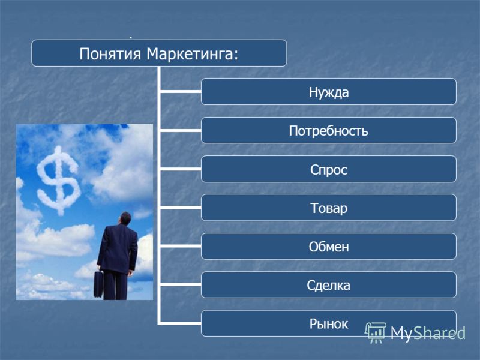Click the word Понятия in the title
pos(110,54)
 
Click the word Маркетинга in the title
pos(192,54)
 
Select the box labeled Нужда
pos(328,92)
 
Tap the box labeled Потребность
pos(328,130)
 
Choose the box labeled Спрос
pos(328,169)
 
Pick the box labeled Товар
pos(328,208)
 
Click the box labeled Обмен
pos(328,246)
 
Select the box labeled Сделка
pos(328,284)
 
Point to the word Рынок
pos(328,323)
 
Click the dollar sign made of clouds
pos(58,180)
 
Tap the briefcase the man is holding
pos(98,284)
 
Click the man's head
pos(125,218)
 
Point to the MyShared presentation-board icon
pos(376,332)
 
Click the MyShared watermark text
pos(428,333)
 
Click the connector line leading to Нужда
pos(181,91)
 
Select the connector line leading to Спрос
pos(181,169)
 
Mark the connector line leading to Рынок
pos(181,323)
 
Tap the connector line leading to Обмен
pos(181,246)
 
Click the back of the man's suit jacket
pos(117,248)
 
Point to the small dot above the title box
pos(131,38)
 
